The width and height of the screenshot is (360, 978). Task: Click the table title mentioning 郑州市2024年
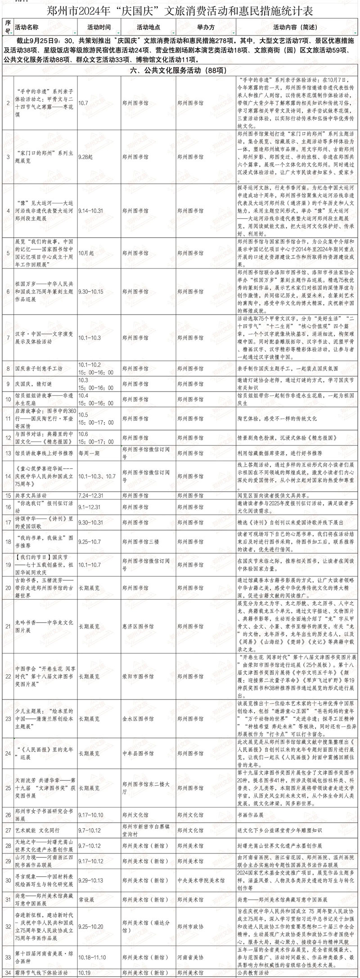point(180,10)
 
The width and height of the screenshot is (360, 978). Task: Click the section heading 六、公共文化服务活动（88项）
point(180,70)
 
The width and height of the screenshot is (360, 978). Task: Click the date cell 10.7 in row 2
point(83,103)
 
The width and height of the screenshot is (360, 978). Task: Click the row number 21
point(8,626)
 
